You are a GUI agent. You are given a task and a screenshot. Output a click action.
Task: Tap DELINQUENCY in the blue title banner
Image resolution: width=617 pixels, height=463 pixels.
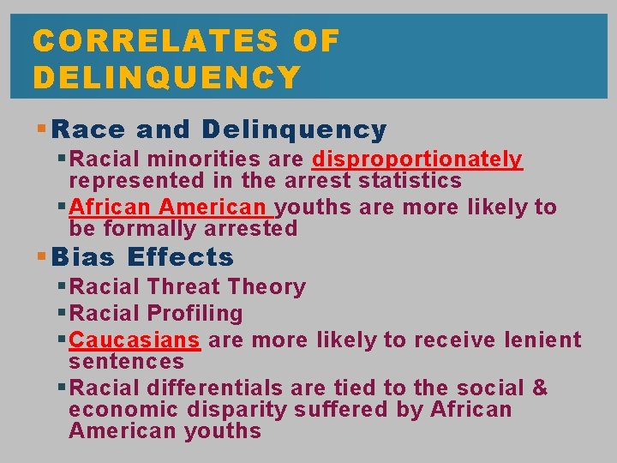coord(167,78)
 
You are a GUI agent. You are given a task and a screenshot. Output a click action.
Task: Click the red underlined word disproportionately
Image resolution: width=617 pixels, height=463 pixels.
coord(417,159)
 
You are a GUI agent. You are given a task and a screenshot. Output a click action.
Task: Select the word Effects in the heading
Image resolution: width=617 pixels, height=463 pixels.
coord(180,257)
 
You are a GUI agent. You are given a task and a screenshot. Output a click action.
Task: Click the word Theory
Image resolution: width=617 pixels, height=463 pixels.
coord(267,287)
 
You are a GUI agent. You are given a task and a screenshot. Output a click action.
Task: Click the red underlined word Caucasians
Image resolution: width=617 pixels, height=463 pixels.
coord(135,340)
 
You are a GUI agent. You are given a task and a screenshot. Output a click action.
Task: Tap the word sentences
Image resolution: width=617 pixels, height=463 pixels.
coord(126,362)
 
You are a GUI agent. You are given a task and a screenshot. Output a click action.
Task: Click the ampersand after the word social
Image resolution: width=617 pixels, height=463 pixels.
coord(540,388)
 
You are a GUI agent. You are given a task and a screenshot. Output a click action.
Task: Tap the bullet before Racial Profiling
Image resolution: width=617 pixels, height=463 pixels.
coord(62,314)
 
